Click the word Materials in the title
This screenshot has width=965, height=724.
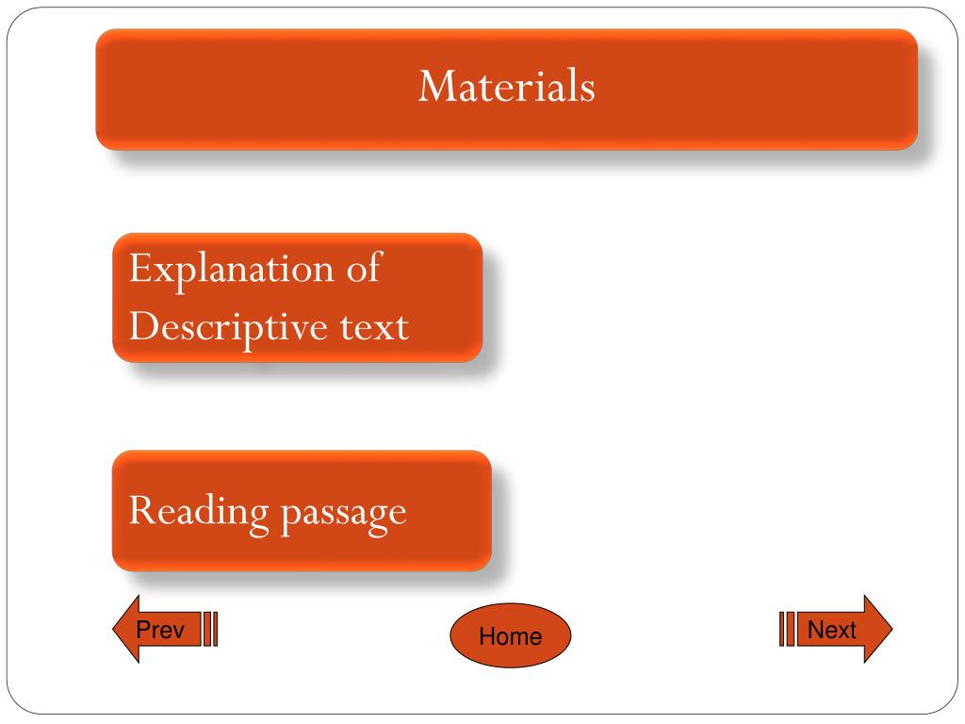(507, 87)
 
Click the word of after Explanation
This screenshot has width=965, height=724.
(363, 269)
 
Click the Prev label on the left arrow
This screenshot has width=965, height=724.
(160, 630)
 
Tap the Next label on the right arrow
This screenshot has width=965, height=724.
(832, 630)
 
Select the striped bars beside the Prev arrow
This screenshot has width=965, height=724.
(211, 630)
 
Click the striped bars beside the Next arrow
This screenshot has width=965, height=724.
(786, 629)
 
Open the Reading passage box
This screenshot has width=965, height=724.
(302, 512)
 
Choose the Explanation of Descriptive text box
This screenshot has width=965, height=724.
(297, 298)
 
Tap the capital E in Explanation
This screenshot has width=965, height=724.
(139, 270)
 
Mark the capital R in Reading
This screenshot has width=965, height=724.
(139, 511)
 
